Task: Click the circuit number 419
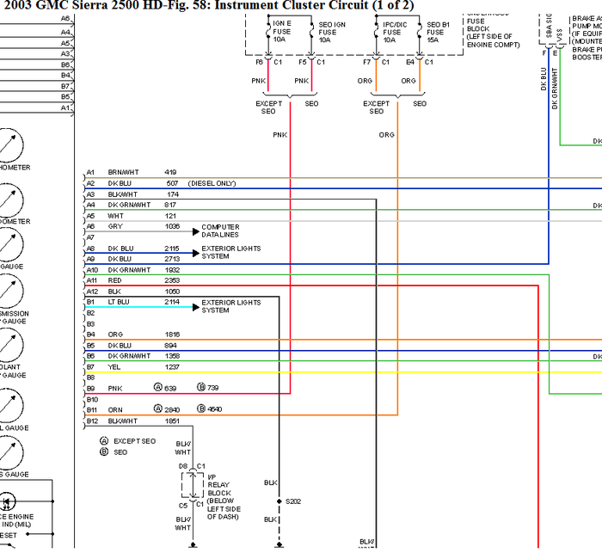click(170, 172)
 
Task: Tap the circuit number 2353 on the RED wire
click(172, 280)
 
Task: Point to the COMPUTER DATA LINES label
click(219, 230)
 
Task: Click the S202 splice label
click(294, 501)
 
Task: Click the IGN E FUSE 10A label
click(282, 33)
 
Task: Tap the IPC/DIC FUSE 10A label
click(392, 33)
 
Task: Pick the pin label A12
click(91, 292)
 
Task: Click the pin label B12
click(91, 421)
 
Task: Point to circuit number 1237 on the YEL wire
click(172, 366)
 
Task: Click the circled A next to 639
click(157, 388)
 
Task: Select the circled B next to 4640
click(200, 409)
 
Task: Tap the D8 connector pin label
click(182, 465)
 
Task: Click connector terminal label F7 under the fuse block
click(367, 62)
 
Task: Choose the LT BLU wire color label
click(120, 303)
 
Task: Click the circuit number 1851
click(172, 421)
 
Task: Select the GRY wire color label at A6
click(114, 226)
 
